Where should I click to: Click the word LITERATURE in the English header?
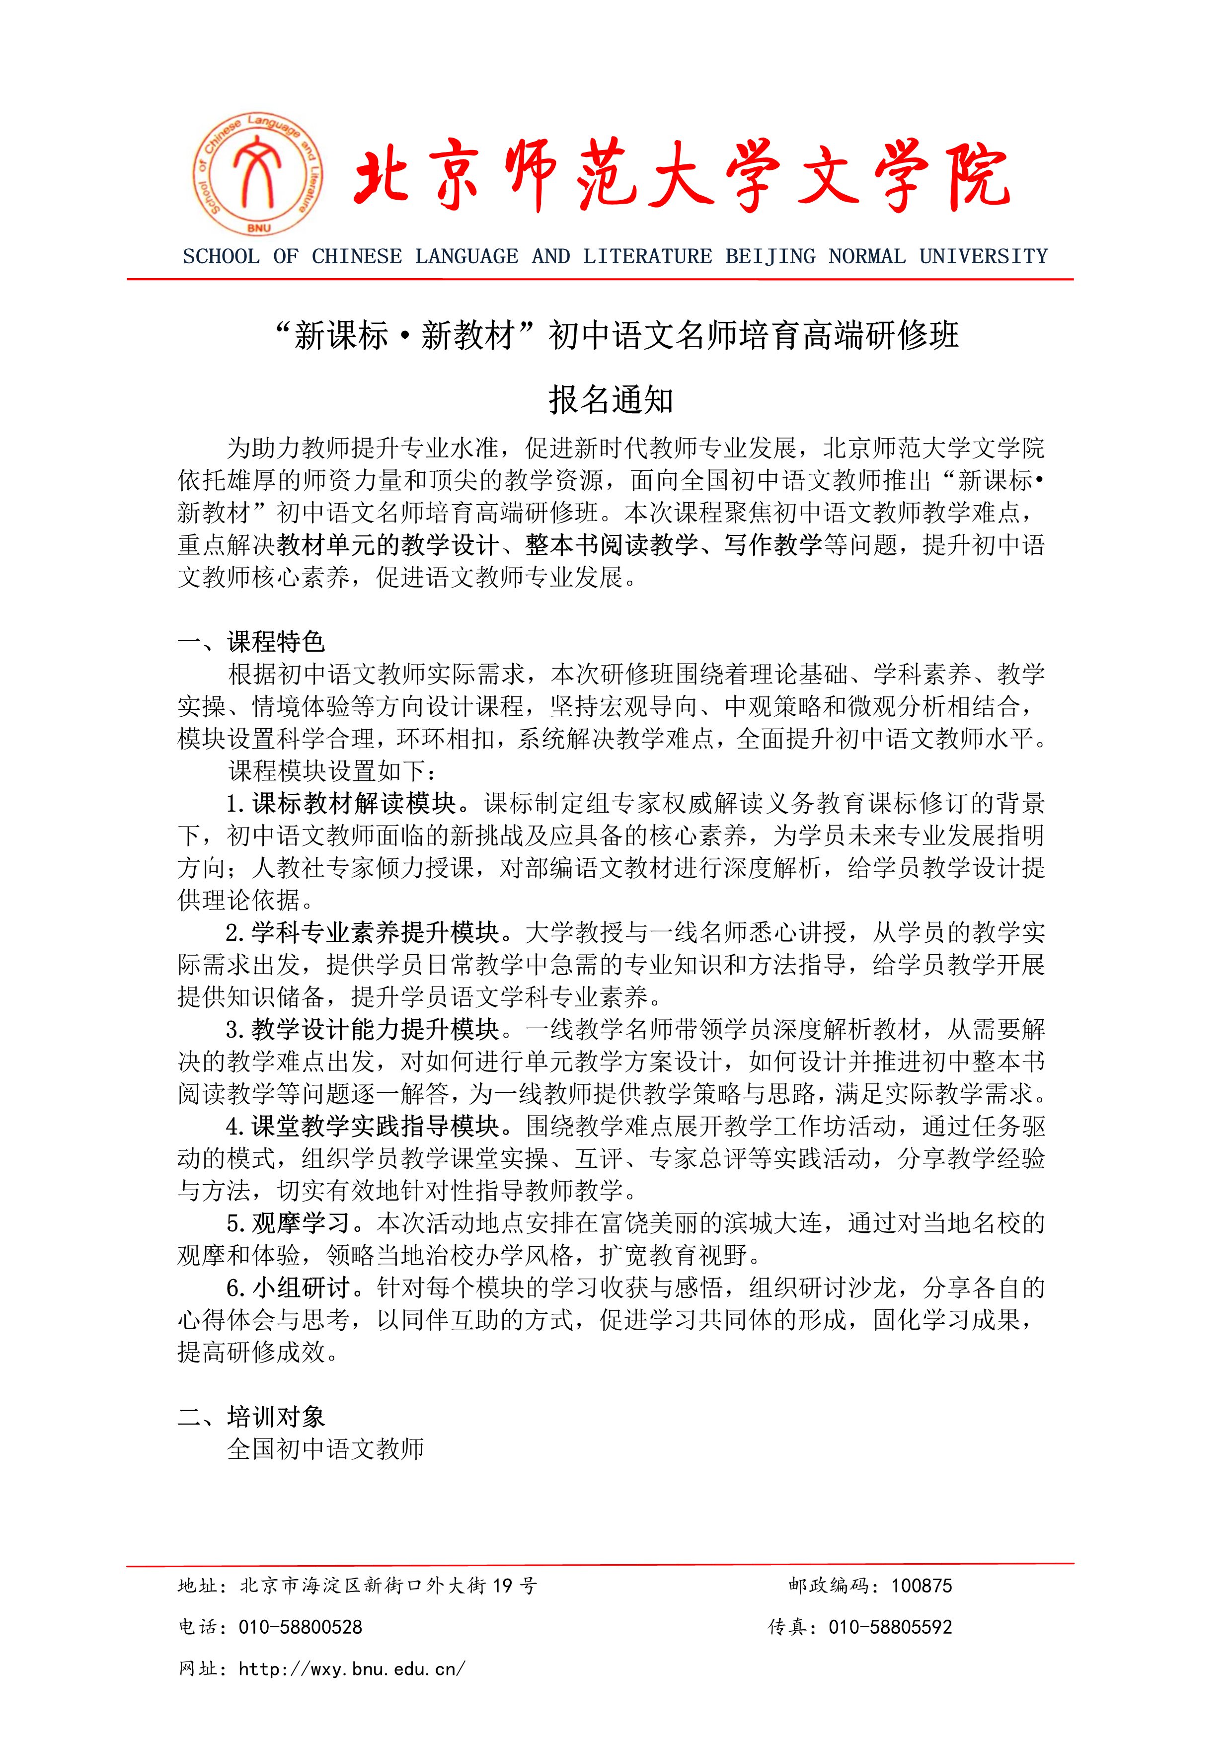click(647, 256)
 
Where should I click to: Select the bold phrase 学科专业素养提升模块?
click(376, 932)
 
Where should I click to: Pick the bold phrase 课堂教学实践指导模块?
click(376, 1126)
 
